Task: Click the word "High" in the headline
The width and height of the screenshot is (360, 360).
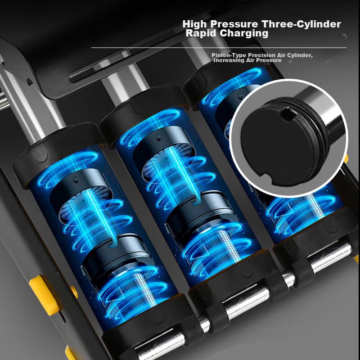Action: [195, 24]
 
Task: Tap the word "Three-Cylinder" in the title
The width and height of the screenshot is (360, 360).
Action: [301, 24]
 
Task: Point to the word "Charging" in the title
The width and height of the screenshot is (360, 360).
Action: [244, 33]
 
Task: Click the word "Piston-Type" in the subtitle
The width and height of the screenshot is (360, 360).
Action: [229, 55]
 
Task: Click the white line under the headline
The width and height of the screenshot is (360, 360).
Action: [219, 48]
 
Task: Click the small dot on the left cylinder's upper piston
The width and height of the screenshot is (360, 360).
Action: [75, 179]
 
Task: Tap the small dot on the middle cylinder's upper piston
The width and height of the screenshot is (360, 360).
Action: [158, 137]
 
